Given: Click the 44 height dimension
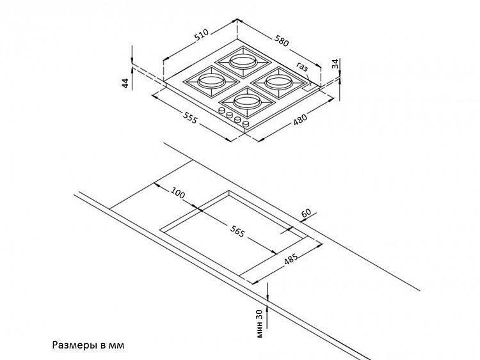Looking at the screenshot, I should pos(125,82).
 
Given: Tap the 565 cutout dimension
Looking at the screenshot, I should pos(236,231).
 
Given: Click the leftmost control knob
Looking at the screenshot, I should pos(221,111).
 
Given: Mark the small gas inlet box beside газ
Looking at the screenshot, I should pos(309,88).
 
